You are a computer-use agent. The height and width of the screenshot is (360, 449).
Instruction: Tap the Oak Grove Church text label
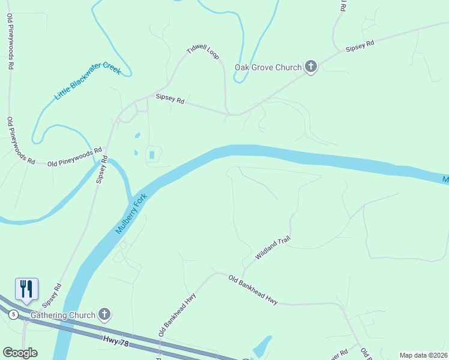(268, 67)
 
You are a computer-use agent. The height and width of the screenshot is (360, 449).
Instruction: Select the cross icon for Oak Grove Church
(310, 67)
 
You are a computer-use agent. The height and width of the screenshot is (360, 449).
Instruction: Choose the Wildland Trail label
(273, 247)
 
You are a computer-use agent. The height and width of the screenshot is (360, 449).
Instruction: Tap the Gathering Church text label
(63, 315)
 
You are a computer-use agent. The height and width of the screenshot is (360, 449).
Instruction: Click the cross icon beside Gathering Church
(104, 314)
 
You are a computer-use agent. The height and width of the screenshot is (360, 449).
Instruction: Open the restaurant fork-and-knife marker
(26, 289)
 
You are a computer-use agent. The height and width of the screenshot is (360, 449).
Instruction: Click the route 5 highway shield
(14, 314)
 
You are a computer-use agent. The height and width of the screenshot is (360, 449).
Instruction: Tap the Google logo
(20, 353)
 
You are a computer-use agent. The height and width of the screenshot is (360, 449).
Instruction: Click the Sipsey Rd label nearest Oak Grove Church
(360, 46)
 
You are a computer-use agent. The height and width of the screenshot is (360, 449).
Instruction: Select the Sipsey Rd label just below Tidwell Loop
(170, 99)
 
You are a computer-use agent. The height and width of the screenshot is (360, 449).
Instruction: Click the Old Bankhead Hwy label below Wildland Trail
(253, 290)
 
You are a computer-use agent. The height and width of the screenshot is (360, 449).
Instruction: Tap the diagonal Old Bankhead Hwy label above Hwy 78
(177, 314)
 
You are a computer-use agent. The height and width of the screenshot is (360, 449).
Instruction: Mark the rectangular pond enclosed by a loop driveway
(151, 155)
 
